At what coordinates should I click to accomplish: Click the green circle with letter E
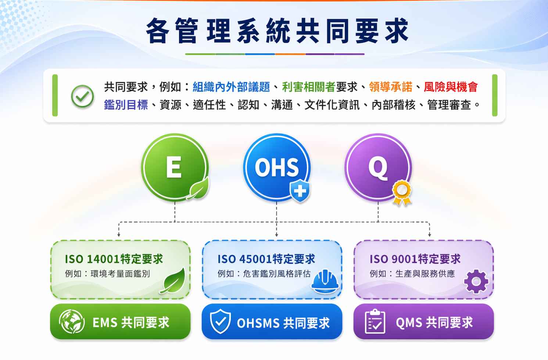coord(175,167)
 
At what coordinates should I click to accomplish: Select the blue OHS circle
coord(277,167)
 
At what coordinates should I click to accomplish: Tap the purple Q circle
coord(378,167)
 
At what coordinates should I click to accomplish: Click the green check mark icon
coord(82,96)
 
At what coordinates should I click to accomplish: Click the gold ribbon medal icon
coord(402,192)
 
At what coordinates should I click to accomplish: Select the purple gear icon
coord(476,281)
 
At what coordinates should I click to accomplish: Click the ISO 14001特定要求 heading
coord(114,259)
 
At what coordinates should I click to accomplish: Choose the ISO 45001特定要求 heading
coord(266,259)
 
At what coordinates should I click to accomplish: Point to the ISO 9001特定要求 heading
coord(415,259)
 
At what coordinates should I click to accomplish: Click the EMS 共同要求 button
coord(120,321)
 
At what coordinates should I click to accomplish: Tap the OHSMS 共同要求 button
coord(272,321)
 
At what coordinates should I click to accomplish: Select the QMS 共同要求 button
coord(423,321)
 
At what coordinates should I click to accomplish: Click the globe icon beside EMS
coord(72,321)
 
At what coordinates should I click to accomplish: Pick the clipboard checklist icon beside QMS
coord(375,321)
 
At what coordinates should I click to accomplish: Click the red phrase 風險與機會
coord(451,87)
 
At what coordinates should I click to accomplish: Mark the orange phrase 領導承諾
coord(390,87)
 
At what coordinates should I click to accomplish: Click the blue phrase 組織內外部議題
coord(231,87)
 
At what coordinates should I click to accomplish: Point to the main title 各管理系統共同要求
coord(277,30)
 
